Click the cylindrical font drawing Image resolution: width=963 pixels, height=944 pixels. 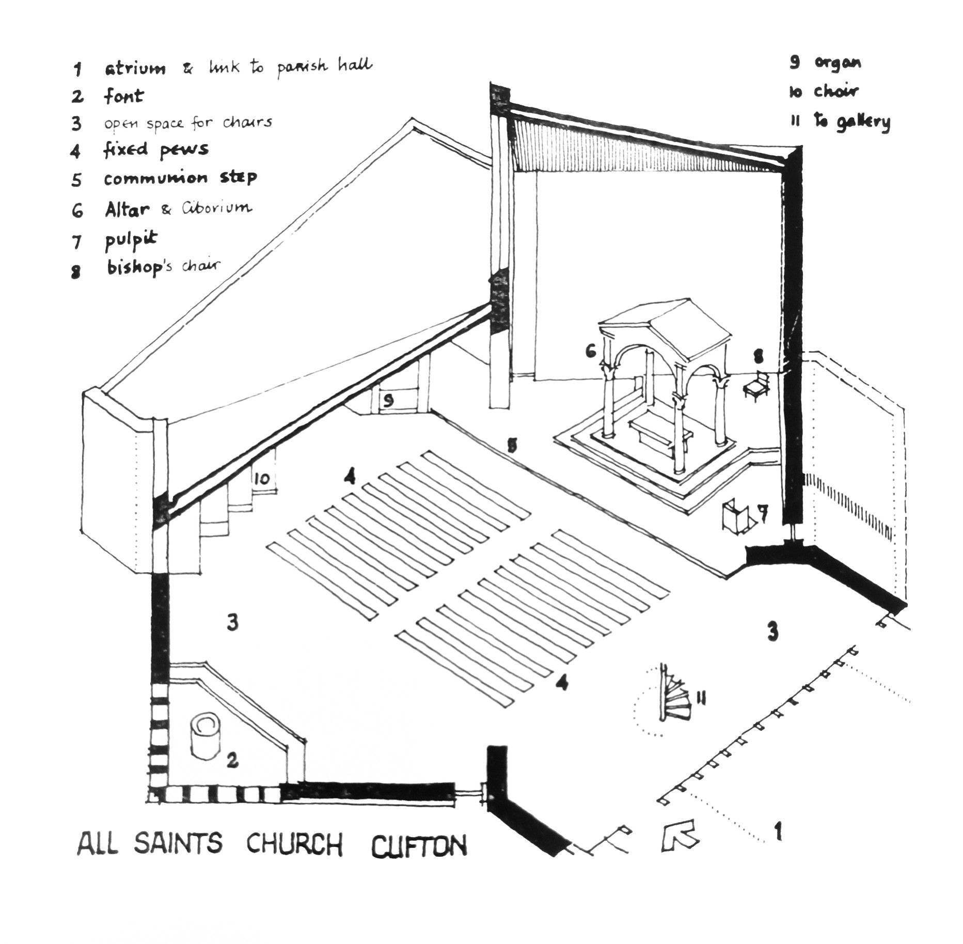205,737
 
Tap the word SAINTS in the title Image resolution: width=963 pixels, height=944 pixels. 179,843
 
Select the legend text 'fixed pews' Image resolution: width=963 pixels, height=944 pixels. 156,150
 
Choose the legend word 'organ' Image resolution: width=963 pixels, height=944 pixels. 838,62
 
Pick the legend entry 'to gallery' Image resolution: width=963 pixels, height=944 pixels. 852,122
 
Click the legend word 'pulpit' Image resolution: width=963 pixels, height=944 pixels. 131,240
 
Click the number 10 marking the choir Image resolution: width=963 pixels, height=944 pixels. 262,478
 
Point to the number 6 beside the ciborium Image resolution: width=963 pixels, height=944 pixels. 591,352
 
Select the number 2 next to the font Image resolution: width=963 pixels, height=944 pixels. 232,760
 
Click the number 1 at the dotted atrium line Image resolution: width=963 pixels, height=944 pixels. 778,832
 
